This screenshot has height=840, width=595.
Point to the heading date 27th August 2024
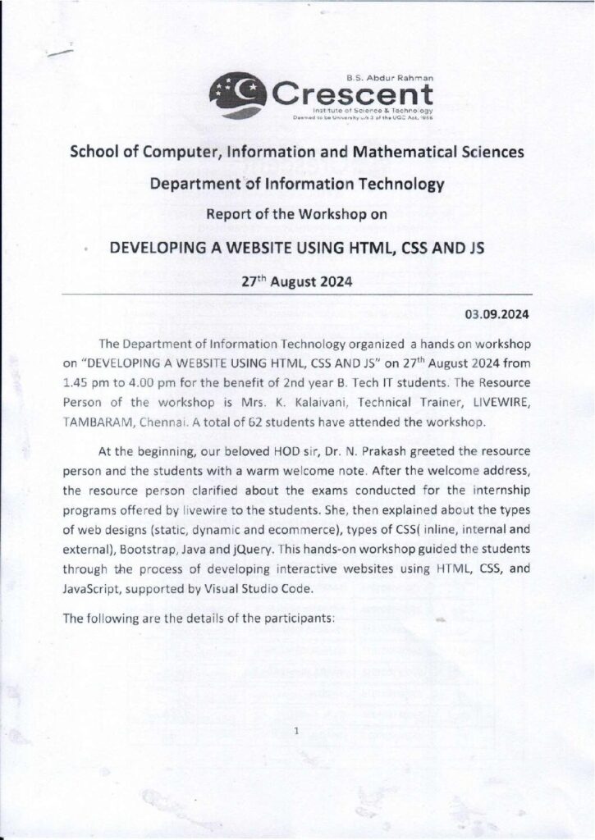(297, 281)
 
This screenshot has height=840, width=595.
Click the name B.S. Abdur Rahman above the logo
(399, 76)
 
